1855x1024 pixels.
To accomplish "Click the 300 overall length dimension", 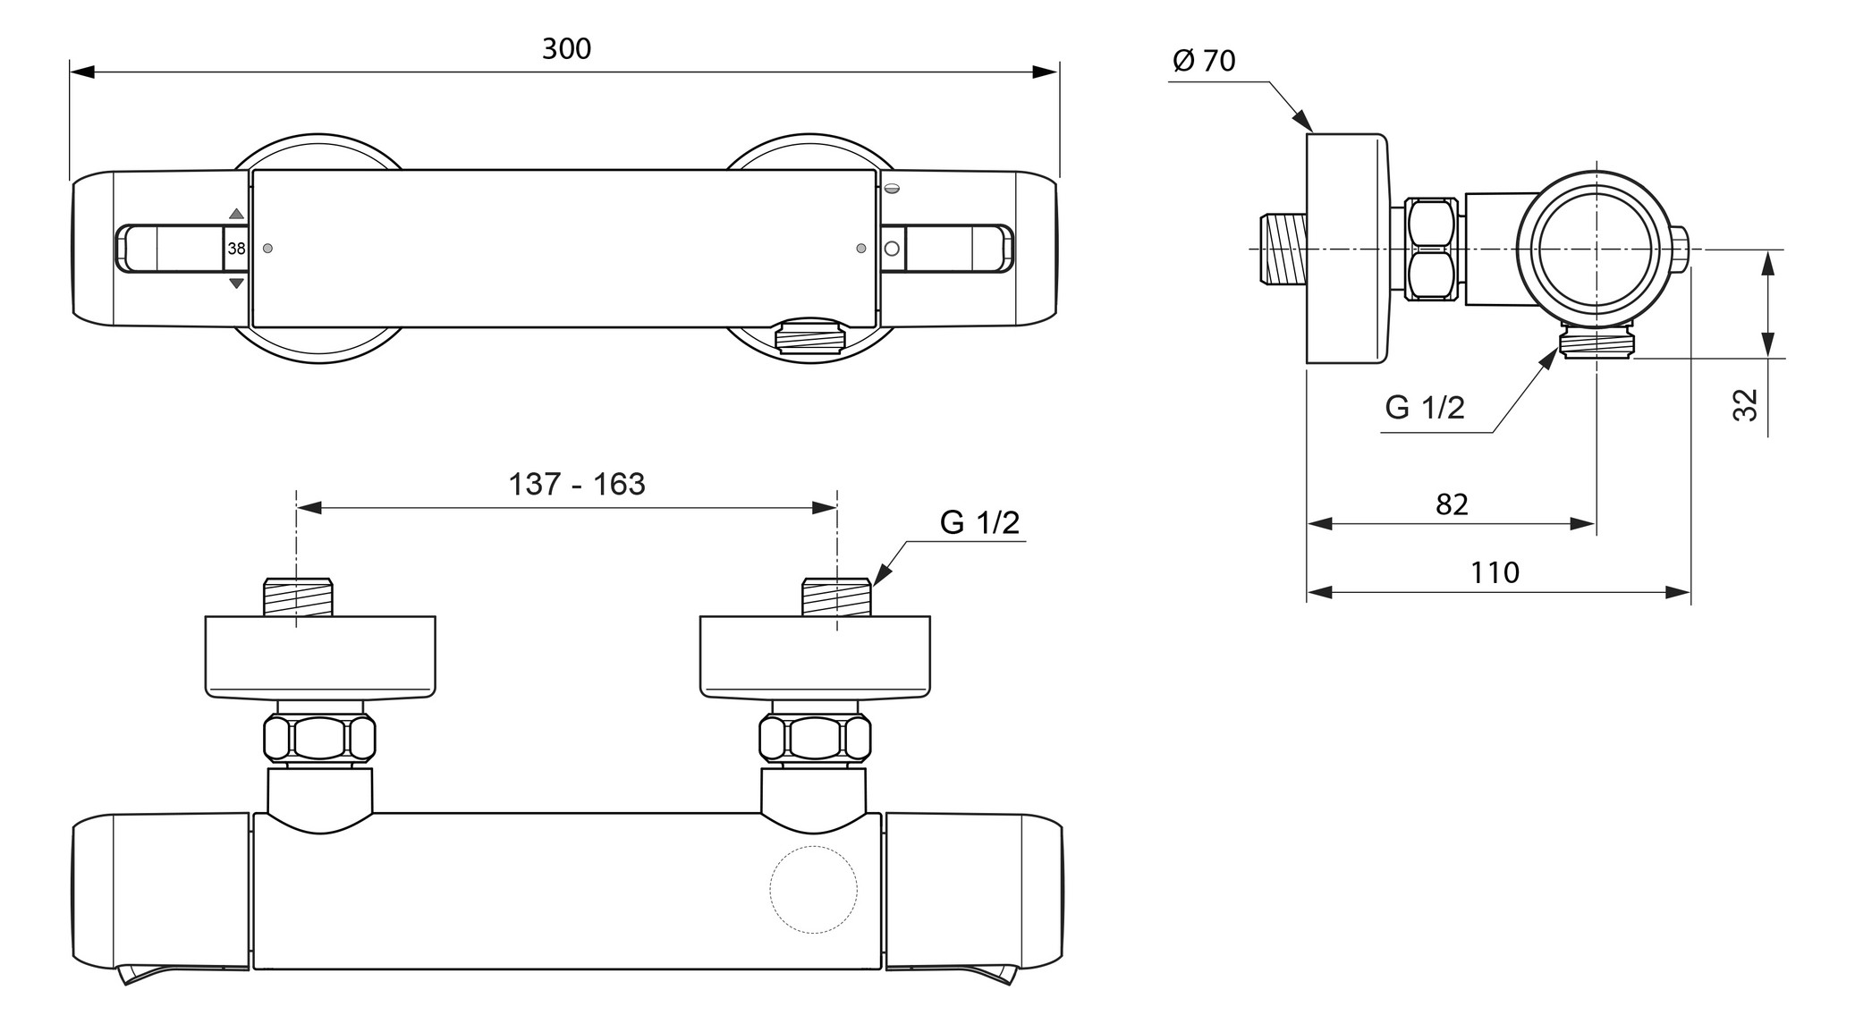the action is pyautogui.click(x=566, y=48).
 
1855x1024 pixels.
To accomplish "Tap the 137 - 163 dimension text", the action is pyautogui.click(x=576, y=484).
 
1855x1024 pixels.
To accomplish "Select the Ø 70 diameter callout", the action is pyautogui.click(x=1204, y=61).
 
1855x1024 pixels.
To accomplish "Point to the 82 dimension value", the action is pyautogui.click(x=1452, y=504).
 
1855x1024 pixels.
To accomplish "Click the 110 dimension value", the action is pyautogui.click(x=1495, y=572).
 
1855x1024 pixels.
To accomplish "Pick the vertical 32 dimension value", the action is pyautogui.click(x=1745, y=404).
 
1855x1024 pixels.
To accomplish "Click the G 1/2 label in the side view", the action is pyautogui.click(x=1425, y=408).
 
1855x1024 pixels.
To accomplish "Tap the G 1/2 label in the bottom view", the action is pyautogui.click(x=979, y=522).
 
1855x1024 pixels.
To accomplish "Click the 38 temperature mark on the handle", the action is pyautogui.click(x=236, y=249).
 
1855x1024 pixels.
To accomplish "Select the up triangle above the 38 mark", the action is pyautogui.click(x=236, y=215).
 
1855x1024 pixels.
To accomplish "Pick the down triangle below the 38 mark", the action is pyautogui.click(x=236, y=284).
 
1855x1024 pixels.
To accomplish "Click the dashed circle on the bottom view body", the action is pyautogui.click(x=814, y=890).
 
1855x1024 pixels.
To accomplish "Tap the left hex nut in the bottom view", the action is pyautogui.click(x=320, y=739).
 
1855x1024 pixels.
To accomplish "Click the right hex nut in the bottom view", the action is pyautogui.click(x=815, y=739).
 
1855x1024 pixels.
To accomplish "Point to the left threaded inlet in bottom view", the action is pyautogui.click(x=299, y=597).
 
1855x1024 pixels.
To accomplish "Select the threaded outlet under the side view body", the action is pyautogui.click(x=1597, y=343).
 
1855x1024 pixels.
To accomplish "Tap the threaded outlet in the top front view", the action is pyautogui.click(x=809, y=339).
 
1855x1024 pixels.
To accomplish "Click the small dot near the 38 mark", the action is pyautogui.click(x=267, y=249).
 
